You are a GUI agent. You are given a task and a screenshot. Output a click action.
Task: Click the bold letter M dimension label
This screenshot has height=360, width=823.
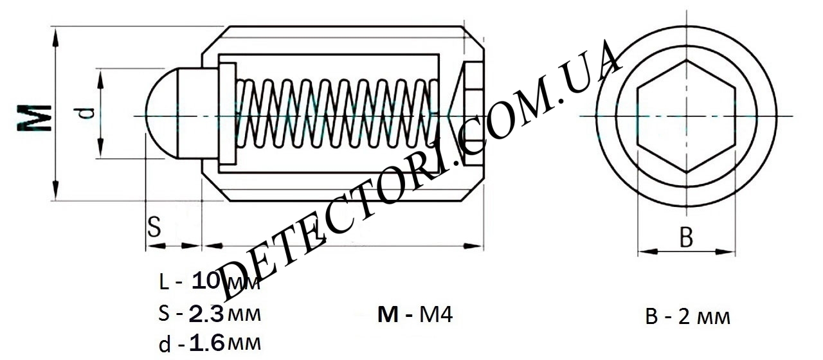[34, 118]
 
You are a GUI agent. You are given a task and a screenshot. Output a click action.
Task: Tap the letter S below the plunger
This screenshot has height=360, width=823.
[154, 226]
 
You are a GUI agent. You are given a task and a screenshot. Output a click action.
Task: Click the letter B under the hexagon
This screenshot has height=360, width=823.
[686, 237]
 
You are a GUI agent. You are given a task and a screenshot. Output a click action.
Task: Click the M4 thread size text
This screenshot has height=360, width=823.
[436, 315]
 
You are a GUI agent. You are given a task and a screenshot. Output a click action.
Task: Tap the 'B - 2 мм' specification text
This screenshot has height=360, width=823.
[688, 317]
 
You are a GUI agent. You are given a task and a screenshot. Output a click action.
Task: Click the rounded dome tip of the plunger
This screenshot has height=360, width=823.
[161, 114]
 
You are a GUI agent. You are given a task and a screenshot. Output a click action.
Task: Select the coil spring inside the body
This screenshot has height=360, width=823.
[336, 114]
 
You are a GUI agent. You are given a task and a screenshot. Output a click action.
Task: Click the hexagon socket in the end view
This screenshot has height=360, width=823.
[686, 116]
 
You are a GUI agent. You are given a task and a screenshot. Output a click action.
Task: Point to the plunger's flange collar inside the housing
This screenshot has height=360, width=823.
[228, 114]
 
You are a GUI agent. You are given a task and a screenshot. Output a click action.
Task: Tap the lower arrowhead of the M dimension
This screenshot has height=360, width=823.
[55, 190]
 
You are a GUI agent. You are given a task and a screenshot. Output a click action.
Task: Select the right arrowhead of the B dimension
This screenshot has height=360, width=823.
[725, 251]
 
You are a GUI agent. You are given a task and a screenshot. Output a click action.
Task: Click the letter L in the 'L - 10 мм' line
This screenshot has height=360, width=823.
[164, 282]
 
